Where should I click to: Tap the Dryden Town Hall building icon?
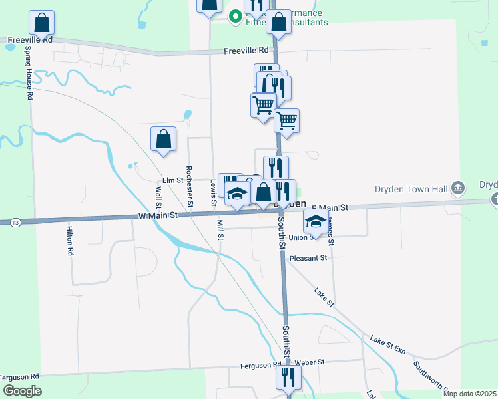[x=457, y=188]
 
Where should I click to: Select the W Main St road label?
[x=158, y=215]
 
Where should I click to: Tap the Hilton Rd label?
[x=69, y=241]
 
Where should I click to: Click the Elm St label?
[x=172, y=180]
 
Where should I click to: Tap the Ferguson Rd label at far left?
[x=21, y=376]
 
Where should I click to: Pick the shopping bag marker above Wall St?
[x=163, y=139]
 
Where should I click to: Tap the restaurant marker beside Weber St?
[x=288, y=377]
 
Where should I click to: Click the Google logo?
[x=23, y=390]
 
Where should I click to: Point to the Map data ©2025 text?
[x=469, y=394]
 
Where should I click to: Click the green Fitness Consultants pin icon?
[x=234, y=15]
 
